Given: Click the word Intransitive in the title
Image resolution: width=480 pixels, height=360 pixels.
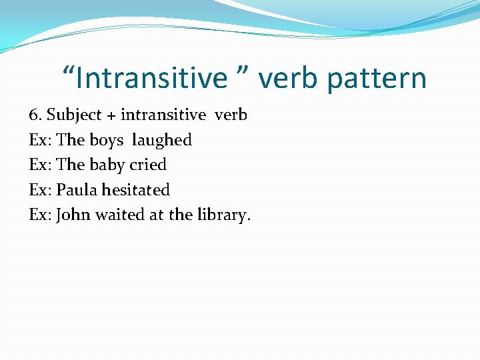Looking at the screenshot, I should (152, 78).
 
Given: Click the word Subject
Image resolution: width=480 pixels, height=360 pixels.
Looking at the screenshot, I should (74, 115).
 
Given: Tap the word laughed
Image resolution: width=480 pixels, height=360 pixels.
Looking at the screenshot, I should (162, 141).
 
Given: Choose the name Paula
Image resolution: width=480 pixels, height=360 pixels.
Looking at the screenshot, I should (77, 190).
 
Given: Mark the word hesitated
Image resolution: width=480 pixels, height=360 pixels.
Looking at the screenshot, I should (136, 190).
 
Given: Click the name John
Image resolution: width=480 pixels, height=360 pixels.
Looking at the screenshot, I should (73, 215).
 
